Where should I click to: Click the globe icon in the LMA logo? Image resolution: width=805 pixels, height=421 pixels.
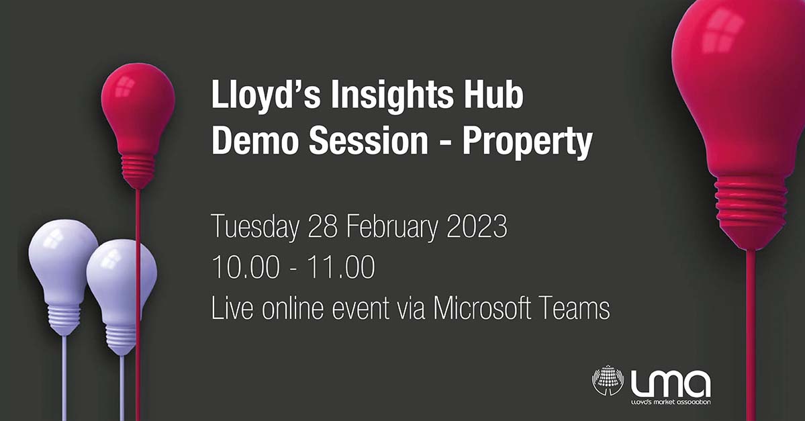[x=608, y=380]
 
